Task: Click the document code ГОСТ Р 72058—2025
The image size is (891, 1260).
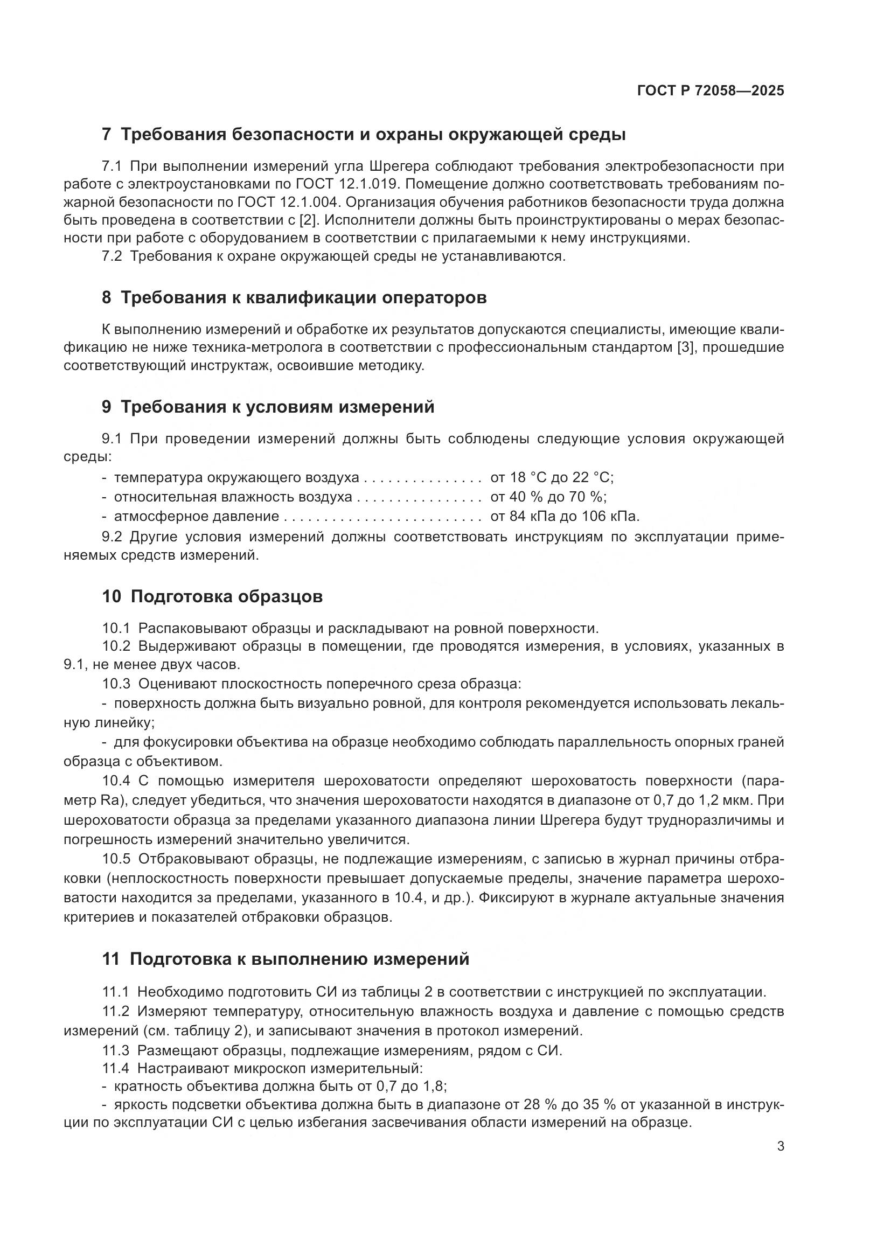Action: (711, 91)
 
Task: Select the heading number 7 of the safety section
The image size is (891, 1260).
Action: (107, 135)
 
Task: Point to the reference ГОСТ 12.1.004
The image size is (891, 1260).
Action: (289, 203)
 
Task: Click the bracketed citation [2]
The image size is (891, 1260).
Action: (308, 221)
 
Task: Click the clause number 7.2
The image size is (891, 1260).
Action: (112, 256)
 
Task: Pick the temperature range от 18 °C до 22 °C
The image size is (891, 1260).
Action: (552, 477)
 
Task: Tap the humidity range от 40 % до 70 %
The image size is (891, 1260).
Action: (548, 497)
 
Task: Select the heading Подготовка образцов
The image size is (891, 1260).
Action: (227, 596)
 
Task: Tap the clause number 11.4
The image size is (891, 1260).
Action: (115, 1068)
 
